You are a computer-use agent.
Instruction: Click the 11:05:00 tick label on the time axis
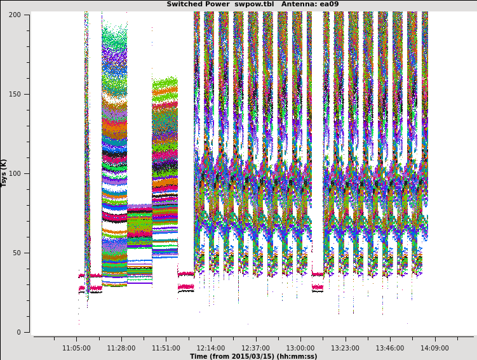76,348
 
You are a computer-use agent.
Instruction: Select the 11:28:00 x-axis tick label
121,348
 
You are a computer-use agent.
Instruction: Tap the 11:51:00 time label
166,348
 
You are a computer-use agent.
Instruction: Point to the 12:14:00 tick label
210,348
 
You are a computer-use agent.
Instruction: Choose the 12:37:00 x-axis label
255,348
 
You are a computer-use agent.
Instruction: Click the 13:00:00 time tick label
300,348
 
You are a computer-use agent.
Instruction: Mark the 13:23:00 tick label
345,348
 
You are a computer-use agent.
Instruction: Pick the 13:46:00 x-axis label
389,348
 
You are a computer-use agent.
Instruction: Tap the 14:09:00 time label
434,348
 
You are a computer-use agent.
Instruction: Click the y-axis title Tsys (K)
4,173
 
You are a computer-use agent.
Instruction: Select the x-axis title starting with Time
253,356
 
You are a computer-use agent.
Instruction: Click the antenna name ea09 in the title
330,4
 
